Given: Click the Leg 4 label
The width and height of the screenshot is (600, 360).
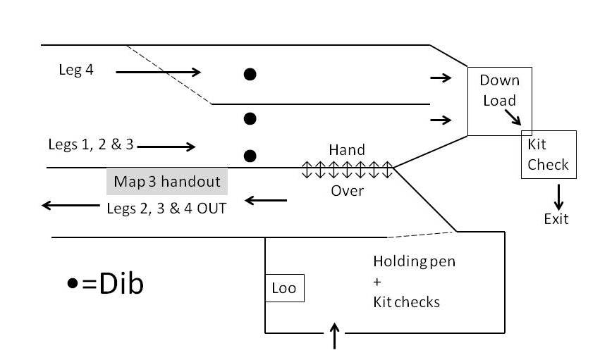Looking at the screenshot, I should pyautogui.click(x=76, y=70).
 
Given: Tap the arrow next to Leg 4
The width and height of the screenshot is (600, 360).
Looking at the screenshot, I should pyautogui.click(x=159, y=72).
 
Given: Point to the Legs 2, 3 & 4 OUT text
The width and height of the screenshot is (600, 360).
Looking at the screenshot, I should pyautogui.click(x=166, y=208).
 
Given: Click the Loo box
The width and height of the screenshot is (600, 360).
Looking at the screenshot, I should pyautogui.click(x=284, y=288).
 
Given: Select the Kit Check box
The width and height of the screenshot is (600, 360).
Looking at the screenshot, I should pyautogui.click(x=549, y=154).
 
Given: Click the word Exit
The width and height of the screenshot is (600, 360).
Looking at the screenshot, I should pyautogui.click(x=556, y=218).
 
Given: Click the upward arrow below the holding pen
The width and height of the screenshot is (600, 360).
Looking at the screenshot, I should pyautogui.click(x=335, y=337).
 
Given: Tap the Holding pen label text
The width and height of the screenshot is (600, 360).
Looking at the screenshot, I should pyautogui.click(x=414, y=262).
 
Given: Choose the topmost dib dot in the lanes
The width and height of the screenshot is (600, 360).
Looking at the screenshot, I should pyautogui.click(x=250, y=73).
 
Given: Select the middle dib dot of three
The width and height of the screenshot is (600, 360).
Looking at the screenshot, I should pyautogui.click(x=250, y=118).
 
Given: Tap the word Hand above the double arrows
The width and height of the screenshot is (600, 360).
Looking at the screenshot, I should pyautogui.click(x=347, y=150).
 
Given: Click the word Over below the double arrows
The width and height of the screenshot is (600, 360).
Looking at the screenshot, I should pyautogui.click(x=347, y=190).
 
